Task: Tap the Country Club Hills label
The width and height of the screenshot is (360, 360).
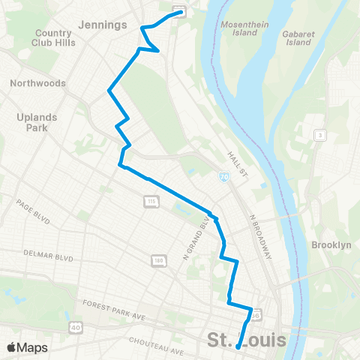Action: tap(52, 38)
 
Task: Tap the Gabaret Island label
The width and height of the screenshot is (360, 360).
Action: tap(297, 37)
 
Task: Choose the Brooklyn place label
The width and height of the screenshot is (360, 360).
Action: tap(331, 245)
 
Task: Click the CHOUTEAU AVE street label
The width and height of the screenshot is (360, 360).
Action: tap(156, 346)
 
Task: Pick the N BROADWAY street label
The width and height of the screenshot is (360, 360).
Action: tap(259, 236)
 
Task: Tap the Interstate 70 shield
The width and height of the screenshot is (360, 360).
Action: tap(223, 176)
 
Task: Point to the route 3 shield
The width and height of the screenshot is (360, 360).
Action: tap(319, 135)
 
